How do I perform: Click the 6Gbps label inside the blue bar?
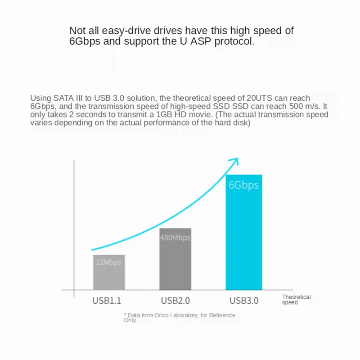coord(243,185)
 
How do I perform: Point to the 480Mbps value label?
coord(175,238)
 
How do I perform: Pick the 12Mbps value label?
coord(109,262)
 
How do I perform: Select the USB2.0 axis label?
coord(175,301)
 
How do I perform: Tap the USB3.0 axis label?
coord(244,301)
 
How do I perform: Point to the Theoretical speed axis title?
coord(296,300)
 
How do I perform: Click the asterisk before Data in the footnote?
coord(125,315)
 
